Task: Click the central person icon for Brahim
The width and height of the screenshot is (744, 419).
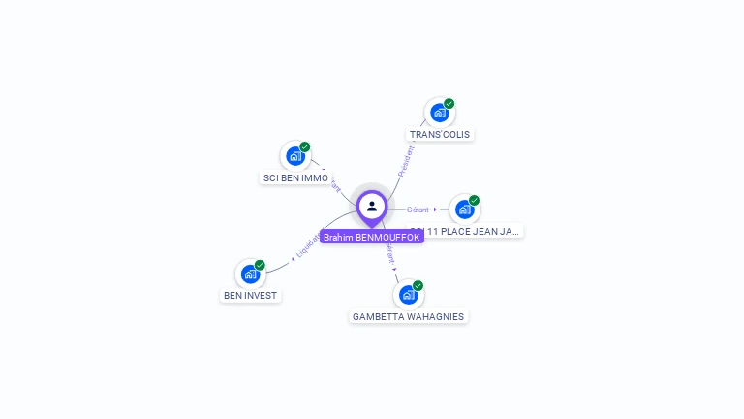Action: pos(372,206)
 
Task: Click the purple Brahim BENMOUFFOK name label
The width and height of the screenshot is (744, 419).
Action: pos(372,237)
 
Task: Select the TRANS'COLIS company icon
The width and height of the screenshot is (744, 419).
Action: pos(439,113)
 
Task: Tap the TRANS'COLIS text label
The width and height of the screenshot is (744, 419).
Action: pos(441,134)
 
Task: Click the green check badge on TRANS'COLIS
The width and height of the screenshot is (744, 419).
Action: pos(449,103)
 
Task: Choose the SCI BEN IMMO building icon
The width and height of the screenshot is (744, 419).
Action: pos(295,156)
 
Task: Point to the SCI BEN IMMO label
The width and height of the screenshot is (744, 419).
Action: pos(295,178)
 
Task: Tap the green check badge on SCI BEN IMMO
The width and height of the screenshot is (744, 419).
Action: pos(305,147)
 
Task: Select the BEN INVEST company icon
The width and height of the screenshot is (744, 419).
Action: pos(250,274)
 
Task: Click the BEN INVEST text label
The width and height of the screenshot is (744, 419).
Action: pos(251,295)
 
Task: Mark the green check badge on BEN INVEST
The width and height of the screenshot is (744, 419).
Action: pos(260,265)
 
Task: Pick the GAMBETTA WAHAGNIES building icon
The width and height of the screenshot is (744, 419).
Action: pos(408,295)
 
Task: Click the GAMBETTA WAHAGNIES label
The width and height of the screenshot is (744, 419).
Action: pos(408,316)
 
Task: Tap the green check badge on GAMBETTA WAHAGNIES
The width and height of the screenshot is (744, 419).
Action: pos(418,286)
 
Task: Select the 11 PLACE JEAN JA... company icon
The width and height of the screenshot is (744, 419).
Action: pos(465,209)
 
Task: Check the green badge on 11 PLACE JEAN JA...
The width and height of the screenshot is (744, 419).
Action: pos(474,200)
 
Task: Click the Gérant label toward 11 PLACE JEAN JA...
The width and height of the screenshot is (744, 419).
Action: pos(418,209)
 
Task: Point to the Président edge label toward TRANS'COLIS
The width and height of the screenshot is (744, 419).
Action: pos(405,160)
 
